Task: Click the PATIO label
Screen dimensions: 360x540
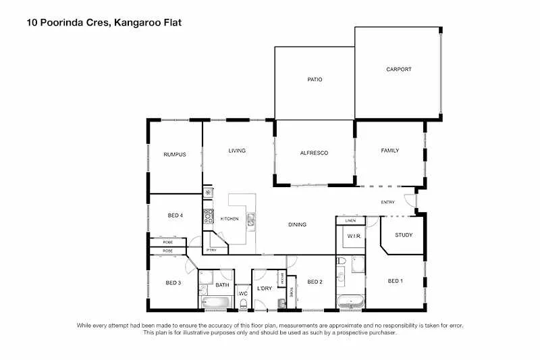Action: [315, 80]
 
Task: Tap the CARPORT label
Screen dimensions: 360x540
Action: [398, 70]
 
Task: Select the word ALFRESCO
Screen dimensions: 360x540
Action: [314, 153]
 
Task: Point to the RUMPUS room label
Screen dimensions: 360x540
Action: [174, 155]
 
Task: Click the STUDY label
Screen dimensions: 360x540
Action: [404, 235]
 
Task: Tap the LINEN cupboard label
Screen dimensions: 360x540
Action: [350, 221]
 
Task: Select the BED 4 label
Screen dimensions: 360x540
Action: [175, 215]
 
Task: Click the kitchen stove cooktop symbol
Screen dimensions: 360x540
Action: [208, 219]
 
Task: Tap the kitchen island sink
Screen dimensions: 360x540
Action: [250, 218]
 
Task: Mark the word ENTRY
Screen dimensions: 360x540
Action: [387, 202]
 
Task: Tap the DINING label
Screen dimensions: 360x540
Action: [297, 225]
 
